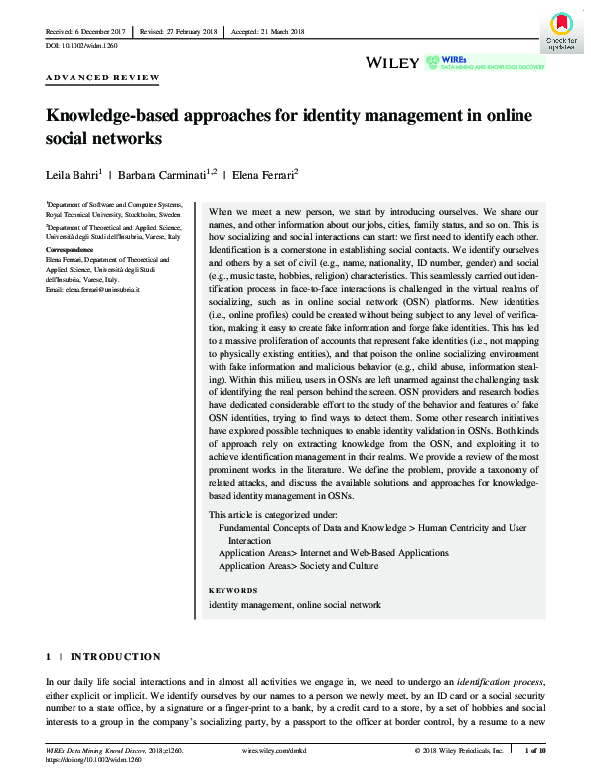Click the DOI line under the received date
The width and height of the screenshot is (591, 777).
[x=77, y=46]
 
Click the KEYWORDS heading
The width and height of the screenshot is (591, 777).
[x=232, y=590]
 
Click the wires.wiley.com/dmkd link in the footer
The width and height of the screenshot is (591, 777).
[x=276, y=750]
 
